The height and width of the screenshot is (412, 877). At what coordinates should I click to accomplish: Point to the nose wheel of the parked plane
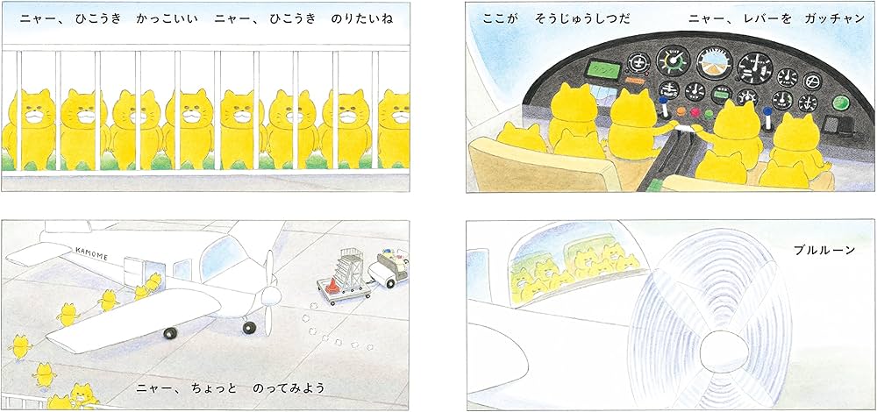coord(249,327)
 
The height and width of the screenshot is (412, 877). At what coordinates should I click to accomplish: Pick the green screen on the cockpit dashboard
coord(578,66)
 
